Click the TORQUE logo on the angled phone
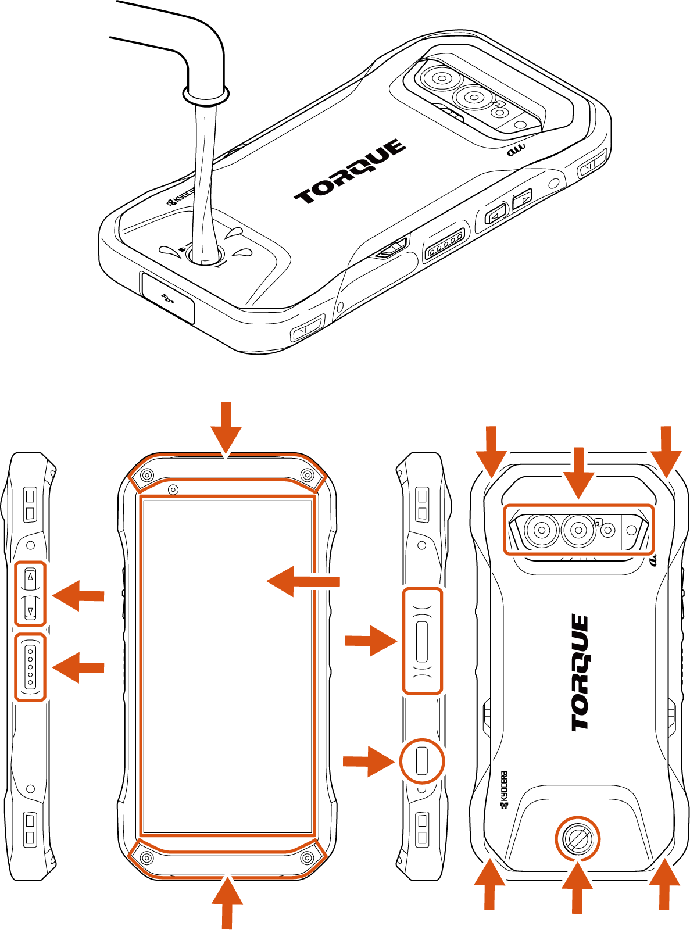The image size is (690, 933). (x=350, y=171)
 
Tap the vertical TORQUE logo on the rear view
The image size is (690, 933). (x=580, y=672)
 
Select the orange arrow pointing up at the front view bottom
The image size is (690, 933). (x=227, y=902)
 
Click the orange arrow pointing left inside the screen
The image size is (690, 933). (x=303, y=581)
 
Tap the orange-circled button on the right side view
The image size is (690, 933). (x=422, y=761)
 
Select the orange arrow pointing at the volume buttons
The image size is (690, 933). (x=78, y=596)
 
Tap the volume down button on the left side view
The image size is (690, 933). (x=30, y=608)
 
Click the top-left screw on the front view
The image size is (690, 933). (x=146, y=476)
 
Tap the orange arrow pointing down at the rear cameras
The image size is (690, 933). (x=579, y=473)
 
